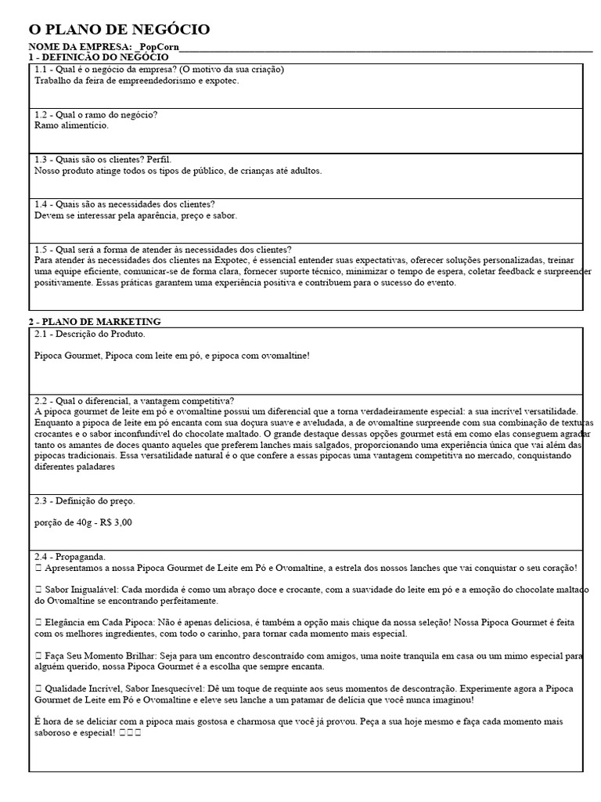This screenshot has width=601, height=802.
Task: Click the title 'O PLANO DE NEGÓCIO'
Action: pos(119,30)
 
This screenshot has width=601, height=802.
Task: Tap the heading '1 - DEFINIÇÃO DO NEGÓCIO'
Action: pos(98,57)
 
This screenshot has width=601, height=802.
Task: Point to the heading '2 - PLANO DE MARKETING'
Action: pos(95,322)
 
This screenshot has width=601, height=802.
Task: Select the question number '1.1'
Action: pos(42,70)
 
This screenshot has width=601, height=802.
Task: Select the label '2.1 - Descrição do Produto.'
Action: pos(90,334)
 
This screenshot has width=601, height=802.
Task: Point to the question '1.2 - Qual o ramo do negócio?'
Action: pos(96,114)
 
